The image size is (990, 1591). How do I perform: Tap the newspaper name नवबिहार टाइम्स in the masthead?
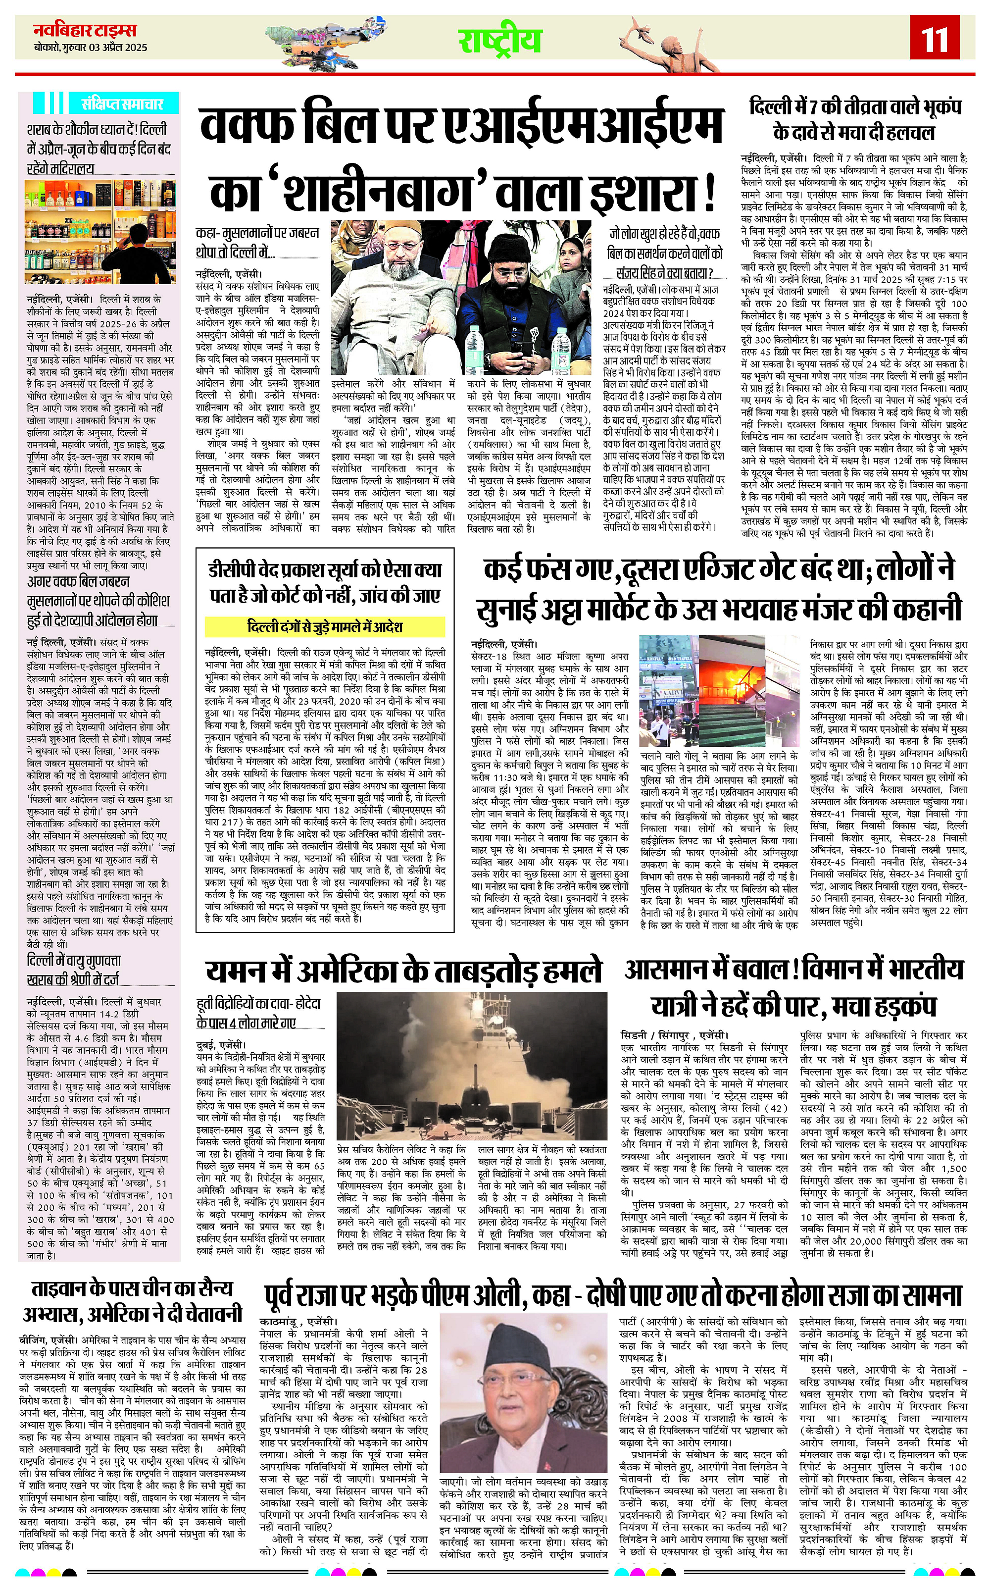tap(85, 30)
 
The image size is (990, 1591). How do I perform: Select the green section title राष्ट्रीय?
tap(499, 41)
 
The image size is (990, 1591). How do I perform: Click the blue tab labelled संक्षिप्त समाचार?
tap(121, 103)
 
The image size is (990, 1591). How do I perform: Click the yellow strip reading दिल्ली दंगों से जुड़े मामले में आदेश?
tap(325, 627)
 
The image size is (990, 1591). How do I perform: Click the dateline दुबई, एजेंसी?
tap(221, 1045)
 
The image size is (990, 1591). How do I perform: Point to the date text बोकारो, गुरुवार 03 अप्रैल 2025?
tap(91, 48)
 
